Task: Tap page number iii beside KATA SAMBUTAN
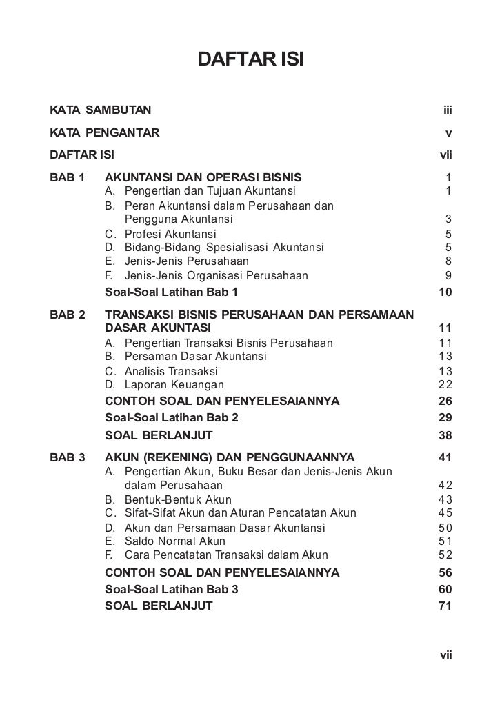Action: tap(447, 110)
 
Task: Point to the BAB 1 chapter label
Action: tap(68, 178)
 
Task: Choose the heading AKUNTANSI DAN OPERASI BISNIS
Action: tap(203, 178)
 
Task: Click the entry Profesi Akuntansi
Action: tap(170, 235)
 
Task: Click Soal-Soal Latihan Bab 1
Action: tap(171, 292)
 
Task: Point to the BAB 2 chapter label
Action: tap(68, 315)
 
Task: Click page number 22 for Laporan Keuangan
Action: tap(445, 385)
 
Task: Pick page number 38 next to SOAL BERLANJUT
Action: tap(445, 435)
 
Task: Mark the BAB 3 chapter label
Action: tap(68, 457)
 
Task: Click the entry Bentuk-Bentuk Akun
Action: tap(178, 499)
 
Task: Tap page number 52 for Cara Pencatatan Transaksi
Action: tap(445, 555)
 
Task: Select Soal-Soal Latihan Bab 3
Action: tap(171, 590)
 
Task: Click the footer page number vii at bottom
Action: tap(445, 656)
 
